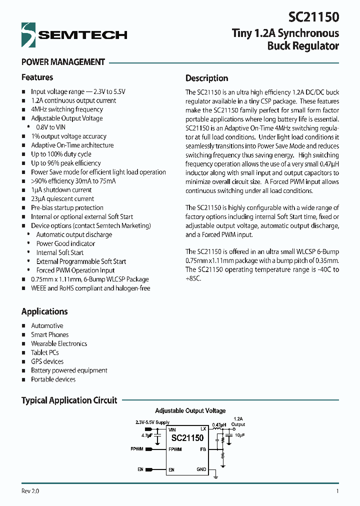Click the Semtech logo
coord(74,34)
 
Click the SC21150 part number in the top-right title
coord(313,17)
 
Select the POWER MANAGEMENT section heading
coord(63,62)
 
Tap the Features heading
coord(37,77)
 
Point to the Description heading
coord(206,78)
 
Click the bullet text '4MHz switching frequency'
coord(67,109)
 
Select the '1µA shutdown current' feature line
coord(61,190)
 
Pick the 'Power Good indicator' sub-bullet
coord(65,243)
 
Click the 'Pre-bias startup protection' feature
coord(67,208)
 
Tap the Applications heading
coord(44,311)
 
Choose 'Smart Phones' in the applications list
coord(50,335)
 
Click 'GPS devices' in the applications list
coord(47,361)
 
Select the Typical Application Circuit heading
coord(69,400)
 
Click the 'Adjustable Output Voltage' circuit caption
coord(190,410)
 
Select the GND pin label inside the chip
coord(201,469)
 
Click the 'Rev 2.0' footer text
coord(30,491)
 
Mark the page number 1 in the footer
coord(337,491)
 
